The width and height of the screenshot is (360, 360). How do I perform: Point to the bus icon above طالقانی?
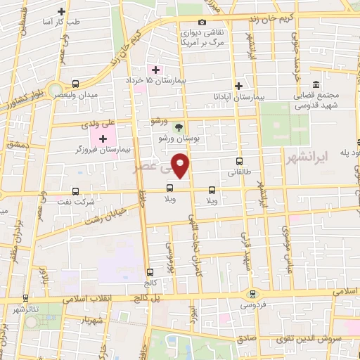click(x=239, y=160)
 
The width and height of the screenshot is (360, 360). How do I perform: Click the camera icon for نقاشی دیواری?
click(x=202, y=22)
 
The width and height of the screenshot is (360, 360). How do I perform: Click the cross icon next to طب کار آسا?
click(x=62, y=12)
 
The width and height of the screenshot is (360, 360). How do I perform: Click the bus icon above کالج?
click(x=150, y=271)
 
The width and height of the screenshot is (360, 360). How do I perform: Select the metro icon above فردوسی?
click(x=252, y=293)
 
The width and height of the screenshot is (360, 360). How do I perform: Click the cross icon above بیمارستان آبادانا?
click(x=239, y=84)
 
